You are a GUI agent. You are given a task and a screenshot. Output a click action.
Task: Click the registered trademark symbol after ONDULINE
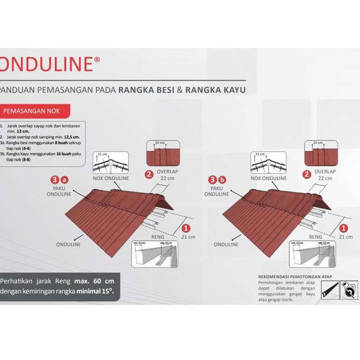pyautogui.click(x=96, y=60)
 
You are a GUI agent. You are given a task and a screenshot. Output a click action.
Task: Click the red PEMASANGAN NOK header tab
pyautogui.click(x=37, y=112)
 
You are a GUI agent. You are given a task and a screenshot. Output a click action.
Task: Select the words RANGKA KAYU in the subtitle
pyautogui.click(x=215, y=90)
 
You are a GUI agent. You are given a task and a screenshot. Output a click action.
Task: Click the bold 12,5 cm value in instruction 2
pyautogui.click(x=71, y=137)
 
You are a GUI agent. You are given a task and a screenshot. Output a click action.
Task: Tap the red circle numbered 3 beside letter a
pyautogui.click(x=54, y=179)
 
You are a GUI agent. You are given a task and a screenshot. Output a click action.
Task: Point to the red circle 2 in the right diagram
pyautogui.click(x=307, y=174)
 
